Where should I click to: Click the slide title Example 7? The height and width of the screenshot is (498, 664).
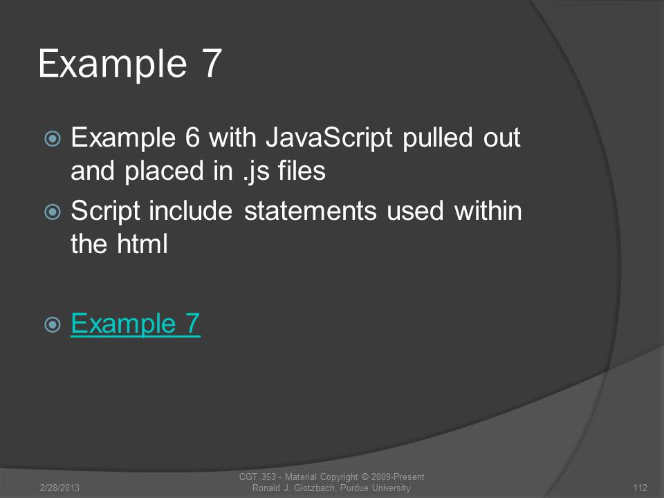click(x=130, y=64)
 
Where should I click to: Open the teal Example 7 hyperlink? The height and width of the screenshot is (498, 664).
click(x=136, y=324)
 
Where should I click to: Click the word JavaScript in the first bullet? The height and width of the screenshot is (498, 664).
click(x=329, y=138)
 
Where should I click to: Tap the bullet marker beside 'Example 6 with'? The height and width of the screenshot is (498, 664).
click(x=53, y=138)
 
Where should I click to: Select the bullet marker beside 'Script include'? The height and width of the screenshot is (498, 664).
click(x=53, y=212)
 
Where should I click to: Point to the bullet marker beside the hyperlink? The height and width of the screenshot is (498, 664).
click(x=53, y=325)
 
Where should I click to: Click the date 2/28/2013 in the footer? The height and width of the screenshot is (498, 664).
click(x=59, y=488)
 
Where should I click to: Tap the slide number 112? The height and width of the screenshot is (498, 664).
click(x=640, y=488)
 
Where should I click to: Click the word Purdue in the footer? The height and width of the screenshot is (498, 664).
click(x=355, y=488)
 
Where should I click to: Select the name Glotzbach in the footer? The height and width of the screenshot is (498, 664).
click(x=316, y=488)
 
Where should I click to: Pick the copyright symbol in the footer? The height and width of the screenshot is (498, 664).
click(x=365, y=477)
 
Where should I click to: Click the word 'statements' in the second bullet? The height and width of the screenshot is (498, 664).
click(x=311, y=211)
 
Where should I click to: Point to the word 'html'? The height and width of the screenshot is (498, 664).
click(x=142, y=243)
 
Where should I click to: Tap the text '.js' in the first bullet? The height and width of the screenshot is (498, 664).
click(x=257, y=172)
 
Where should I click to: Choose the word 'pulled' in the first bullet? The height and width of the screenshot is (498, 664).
click(x=437, y=138)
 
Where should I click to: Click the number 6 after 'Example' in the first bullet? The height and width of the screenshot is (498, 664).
click(x=192, y=138)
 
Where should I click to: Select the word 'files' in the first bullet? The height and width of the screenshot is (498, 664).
click(x=302, y=170)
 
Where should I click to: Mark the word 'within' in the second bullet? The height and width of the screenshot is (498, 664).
click(x=488, y=210)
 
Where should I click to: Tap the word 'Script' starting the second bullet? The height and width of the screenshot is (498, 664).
click(x=105, y=212)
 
